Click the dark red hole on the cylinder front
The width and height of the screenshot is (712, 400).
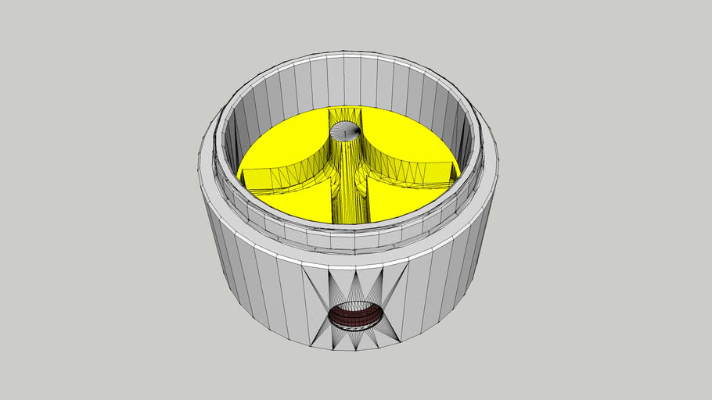click(355, 316)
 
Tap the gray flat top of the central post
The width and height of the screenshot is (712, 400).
click(344, 131)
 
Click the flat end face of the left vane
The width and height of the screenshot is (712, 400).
click(258, 180)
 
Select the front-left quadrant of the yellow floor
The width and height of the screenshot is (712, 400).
click(301, 203)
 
